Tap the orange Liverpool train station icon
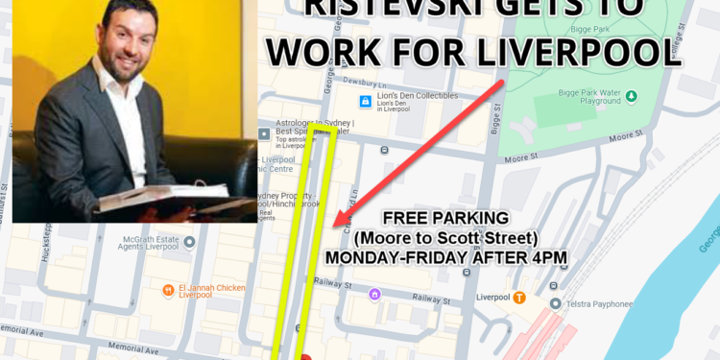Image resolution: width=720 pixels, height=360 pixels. point(519,298)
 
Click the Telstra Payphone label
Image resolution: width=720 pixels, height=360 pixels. point(597,304)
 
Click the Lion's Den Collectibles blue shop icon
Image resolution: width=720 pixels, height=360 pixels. point(365,102)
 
